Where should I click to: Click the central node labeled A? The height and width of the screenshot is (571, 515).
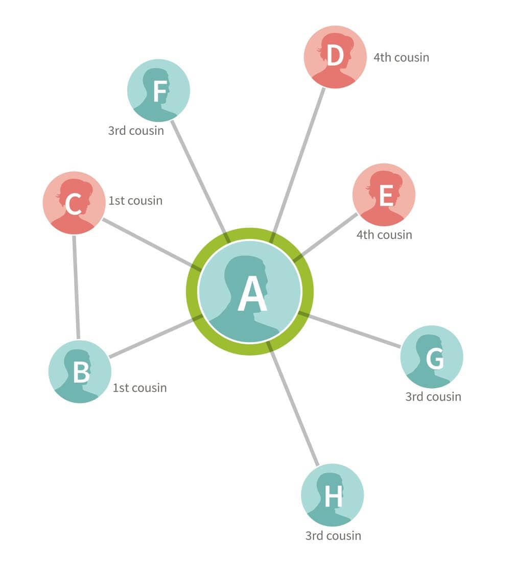click(x=250, y=291)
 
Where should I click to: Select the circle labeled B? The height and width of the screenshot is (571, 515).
click(x=80, y=371)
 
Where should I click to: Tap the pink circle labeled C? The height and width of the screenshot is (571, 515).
click(x=74, y=203)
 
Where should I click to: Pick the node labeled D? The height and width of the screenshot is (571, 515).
click(x=335, y=57)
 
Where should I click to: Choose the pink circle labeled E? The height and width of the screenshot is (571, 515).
click(x=384, y=195)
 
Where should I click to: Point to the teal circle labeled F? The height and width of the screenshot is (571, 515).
click(x=158, y=90)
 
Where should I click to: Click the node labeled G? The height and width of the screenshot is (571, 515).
click(x=432, y=357)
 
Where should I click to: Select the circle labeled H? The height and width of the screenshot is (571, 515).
click(x=333, y=495)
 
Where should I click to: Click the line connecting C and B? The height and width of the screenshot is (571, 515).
click(x=76, y=288)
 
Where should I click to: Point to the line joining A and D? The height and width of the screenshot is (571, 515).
click(x=297, y=165)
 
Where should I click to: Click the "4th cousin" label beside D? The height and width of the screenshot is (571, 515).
click(x=402, y=58)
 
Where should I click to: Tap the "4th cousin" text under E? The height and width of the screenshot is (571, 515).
click(x=384, y=235)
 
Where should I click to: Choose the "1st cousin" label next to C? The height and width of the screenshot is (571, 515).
click(x=135, y=201)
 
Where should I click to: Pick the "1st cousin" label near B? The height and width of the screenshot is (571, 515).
click(x=139, y=388)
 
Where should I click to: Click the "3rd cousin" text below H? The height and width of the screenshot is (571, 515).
click(x=333, y=536)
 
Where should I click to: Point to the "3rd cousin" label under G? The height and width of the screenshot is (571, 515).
click(x=433, y=396)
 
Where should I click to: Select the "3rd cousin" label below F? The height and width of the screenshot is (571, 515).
click(x=136, y=131)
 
